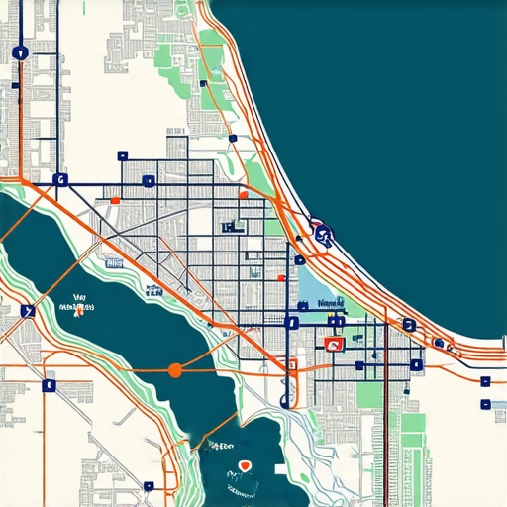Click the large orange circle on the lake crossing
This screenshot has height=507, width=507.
tap(175, 370)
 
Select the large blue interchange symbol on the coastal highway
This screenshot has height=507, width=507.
tap(322, 234)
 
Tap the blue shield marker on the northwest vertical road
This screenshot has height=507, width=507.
tap(20, 53)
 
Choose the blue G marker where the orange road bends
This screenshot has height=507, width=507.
tap(59, 180)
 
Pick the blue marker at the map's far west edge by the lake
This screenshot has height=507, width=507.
tap(27, 311)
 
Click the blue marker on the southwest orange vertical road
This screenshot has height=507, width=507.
tap(46, 386)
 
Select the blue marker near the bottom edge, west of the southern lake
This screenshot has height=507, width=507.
tap(149, 486)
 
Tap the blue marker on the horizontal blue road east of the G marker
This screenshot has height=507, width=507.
tap(148, 181)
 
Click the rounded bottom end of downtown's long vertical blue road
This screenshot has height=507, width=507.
tap(286, 402)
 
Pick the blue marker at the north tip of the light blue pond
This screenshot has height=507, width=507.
tap(300, 260)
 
